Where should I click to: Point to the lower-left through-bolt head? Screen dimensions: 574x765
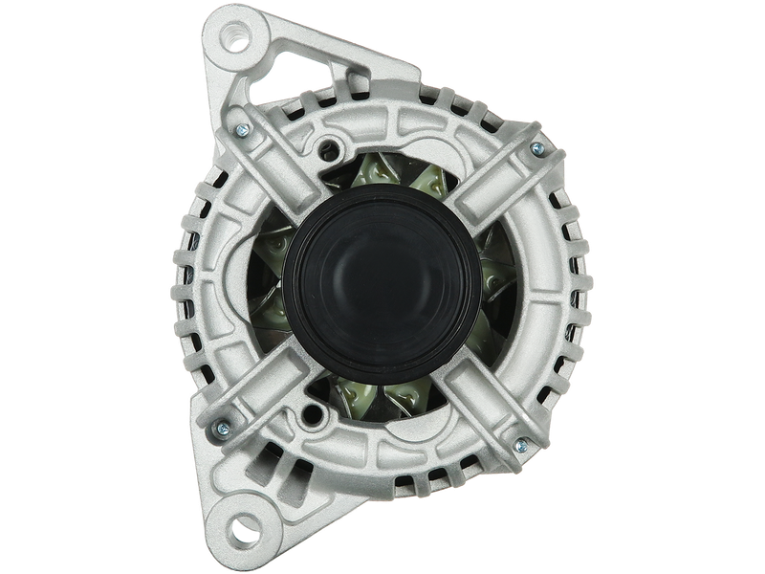222,427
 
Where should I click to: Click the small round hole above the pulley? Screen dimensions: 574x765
331,147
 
